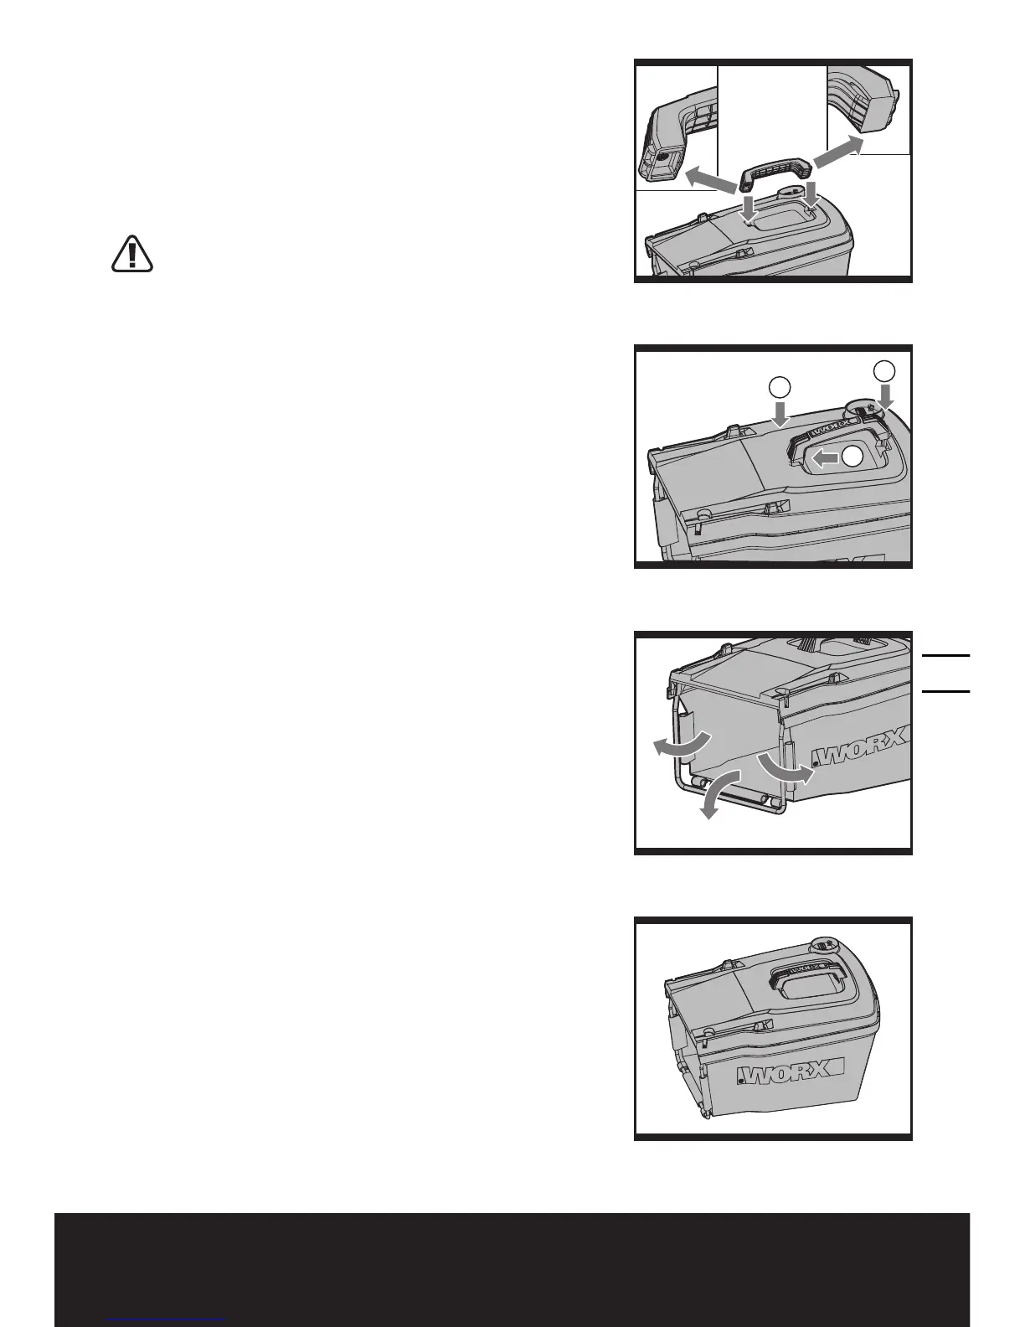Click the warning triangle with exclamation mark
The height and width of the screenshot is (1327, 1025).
pyautogui.click(x=132, y=254)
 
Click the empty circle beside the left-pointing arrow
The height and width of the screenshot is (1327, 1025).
pyautogui.click(x=852, y=457)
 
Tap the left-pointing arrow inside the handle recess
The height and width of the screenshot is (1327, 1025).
pyautogui.click(x=825, y=457)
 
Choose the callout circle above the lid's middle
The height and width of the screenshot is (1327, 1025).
pyautogui.click(x=779, y=387)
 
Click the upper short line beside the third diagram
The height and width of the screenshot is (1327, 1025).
pyautogui.click(x=945, y=655)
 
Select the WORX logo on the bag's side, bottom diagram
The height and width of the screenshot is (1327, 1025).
pyautogui.click(x=792, y=1075)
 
